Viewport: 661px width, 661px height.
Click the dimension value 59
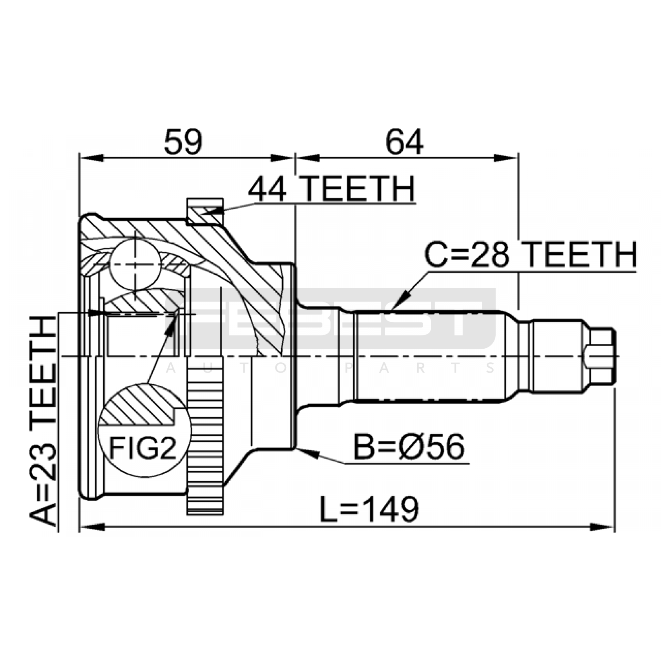pyautogui.click(x=183, y=142)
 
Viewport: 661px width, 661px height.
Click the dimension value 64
pyautogui.click(x=404, y=142)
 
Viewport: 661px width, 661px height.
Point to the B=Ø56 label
pyautogui.click(x=409, y=447)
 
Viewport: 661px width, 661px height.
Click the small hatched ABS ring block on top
pyautogui.click(x=205, y=212)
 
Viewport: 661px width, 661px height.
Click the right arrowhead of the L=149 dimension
pyautogui.click(x=602, y=527)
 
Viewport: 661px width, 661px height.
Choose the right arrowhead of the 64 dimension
pyautogui.click(x=506, y=158)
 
